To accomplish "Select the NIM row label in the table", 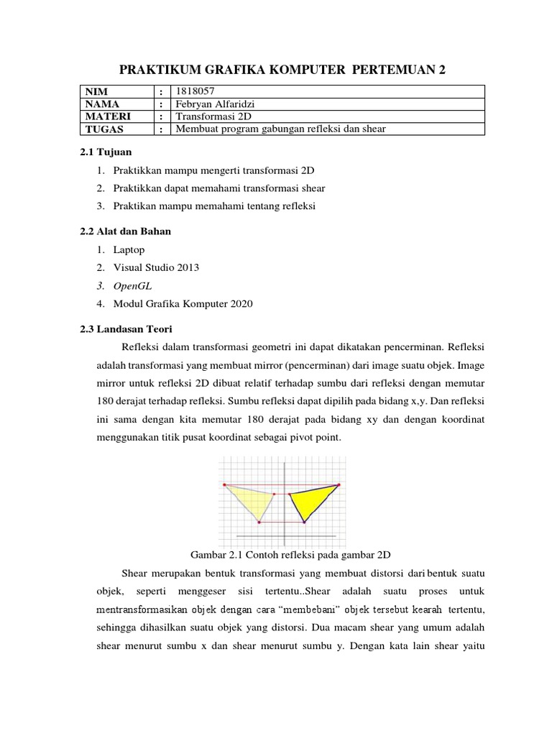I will tap(96, 91).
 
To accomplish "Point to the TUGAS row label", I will tap(104, 129).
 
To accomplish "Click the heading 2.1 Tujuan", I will tap(106, 152).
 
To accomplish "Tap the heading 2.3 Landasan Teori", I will tap(126, 328).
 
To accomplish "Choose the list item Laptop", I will tap(129, 249).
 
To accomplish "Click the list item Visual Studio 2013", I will tap(156, 267).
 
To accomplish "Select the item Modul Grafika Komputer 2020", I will tap(183, 303).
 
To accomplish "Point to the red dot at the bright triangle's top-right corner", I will tap(339, 485).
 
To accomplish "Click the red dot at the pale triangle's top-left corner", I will tap(224, 485).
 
